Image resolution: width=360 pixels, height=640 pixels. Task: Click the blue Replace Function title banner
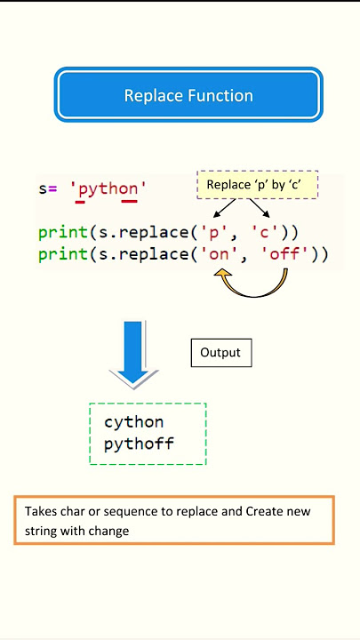click(188, 95)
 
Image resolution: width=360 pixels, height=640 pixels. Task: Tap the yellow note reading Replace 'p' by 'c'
click(257, 185)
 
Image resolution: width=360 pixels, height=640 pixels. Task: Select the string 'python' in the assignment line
click(108, 189)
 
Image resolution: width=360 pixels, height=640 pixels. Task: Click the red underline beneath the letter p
click(80, 201)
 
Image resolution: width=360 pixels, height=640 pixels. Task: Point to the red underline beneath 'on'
click(130, 201)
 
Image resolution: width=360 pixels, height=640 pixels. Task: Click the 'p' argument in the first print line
click(213, 233)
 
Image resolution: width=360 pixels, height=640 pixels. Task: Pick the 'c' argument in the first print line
click(265, 233)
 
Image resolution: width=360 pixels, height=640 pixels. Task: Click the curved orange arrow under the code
click(253, 294)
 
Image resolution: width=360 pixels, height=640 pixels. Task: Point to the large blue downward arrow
click(133, 353)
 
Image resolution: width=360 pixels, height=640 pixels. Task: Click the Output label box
click(221, 353)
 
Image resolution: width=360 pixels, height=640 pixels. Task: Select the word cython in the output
click(134, 422)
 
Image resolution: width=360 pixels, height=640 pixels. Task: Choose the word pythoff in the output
click(139, 444)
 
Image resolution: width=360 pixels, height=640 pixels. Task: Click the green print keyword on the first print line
click(64, 234)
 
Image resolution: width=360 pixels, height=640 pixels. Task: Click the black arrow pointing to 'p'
click(225, 208)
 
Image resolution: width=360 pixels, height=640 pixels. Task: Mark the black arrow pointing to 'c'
click(260, 208)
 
